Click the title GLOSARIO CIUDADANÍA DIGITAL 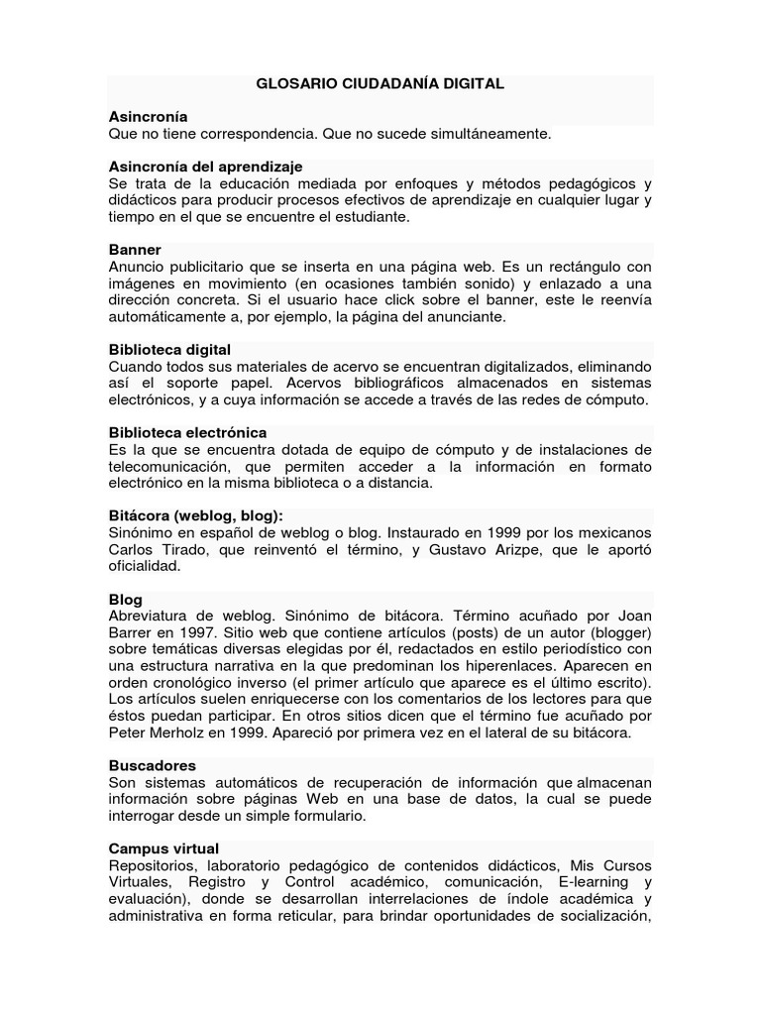coord(380,84)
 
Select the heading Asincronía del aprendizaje coord(205,167)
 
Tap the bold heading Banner coord(135,250)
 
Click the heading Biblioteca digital coord(169,350)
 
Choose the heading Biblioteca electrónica coord(187,433)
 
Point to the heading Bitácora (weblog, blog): coord(195,516)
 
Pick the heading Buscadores coord(152,766)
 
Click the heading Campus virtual coord(163,849)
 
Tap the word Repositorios coord(151,865)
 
